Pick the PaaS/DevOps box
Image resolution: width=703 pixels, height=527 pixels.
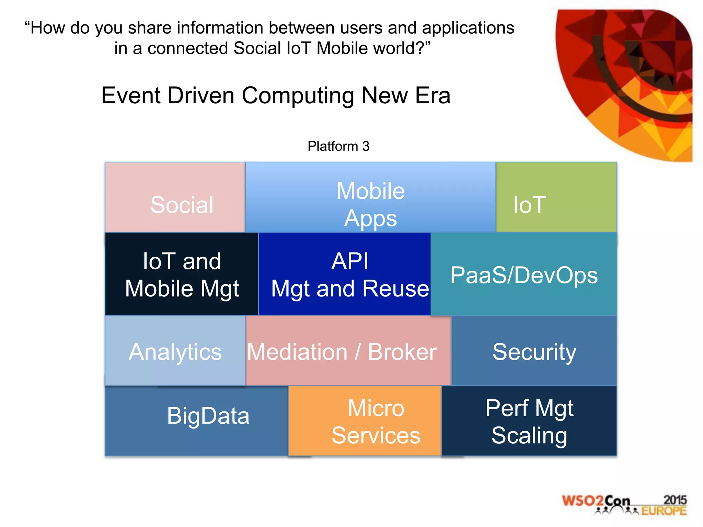[x=524, y=274]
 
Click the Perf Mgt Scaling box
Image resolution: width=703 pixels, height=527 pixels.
[x=529, y=421]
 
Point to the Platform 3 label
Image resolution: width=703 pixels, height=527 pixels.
[x=338, y=146]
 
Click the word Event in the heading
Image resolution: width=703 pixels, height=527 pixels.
[x=131, y=95]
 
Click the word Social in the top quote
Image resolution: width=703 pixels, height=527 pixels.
[x=257, y=48]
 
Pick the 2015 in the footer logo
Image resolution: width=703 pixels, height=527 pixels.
[x=675, y=500]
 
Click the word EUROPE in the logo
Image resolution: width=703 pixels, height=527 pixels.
[x=664, y=511]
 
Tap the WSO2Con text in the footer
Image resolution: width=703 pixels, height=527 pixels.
[x=596, y=501]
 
